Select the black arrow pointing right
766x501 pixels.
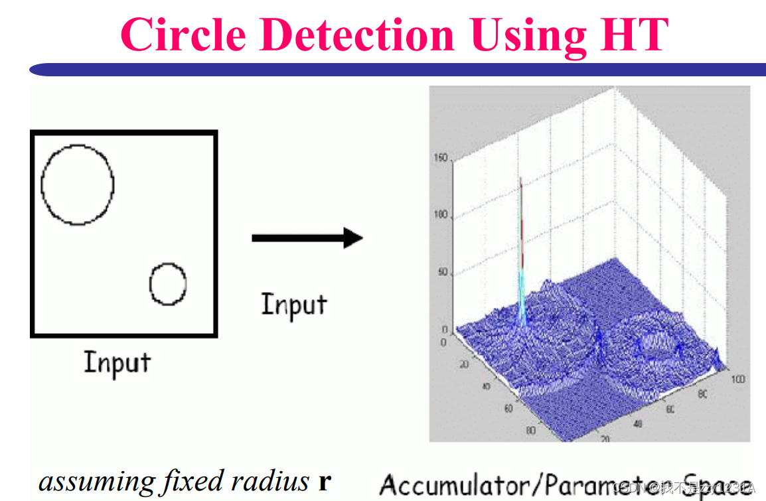point(307,238)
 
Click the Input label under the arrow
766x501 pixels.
point(294,305)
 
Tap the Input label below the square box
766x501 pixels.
point(117,364)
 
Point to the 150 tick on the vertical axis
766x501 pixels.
point(439,159)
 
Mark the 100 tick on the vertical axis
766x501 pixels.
point(439,216)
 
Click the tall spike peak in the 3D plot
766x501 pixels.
point(521,180)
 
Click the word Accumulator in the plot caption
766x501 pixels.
point(457,484)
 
